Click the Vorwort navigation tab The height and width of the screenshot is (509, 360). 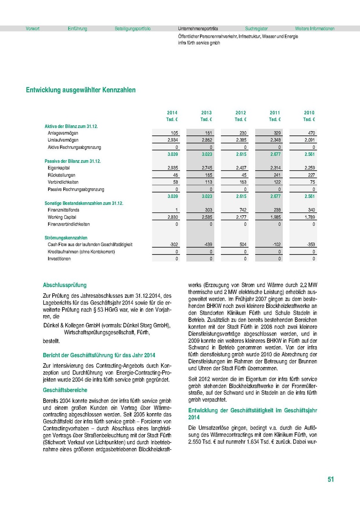click(x=32, y=29)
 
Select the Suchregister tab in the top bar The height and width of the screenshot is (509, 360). click(x=256, y=29)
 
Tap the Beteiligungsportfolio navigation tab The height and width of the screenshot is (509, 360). click(x=132, y=29)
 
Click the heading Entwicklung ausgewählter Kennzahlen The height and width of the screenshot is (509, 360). click(x=81, y=90)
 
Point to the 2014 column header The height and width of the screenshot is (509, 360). click(x=172, y=113)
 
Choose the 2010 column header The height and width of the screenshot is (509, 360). click(x=309, y=113)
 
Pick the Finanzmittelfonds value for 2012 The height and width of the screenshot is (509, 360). click(x=242, y=210)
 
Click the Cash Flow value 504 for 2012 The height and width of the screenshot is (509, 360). click(x=242, y=245)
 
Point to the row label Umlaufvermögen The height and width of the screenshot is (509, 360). click(x=63, y=140)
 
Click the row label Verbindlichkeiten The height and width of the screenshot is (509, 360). click(x=63, y=182)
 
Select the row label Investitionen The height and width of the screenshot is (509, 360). click(x=59, y=259)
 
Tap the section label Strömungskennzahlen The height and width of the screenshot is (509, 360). click(x=66, y=238)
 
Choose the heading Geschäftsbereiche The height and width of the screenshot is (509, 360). click(x=65, y=390)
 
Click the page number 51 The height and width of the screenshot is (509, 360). click(x=331, y=479)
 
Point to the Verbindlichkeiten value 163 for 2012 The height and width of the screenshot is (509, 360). click(x=242, y=182)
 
